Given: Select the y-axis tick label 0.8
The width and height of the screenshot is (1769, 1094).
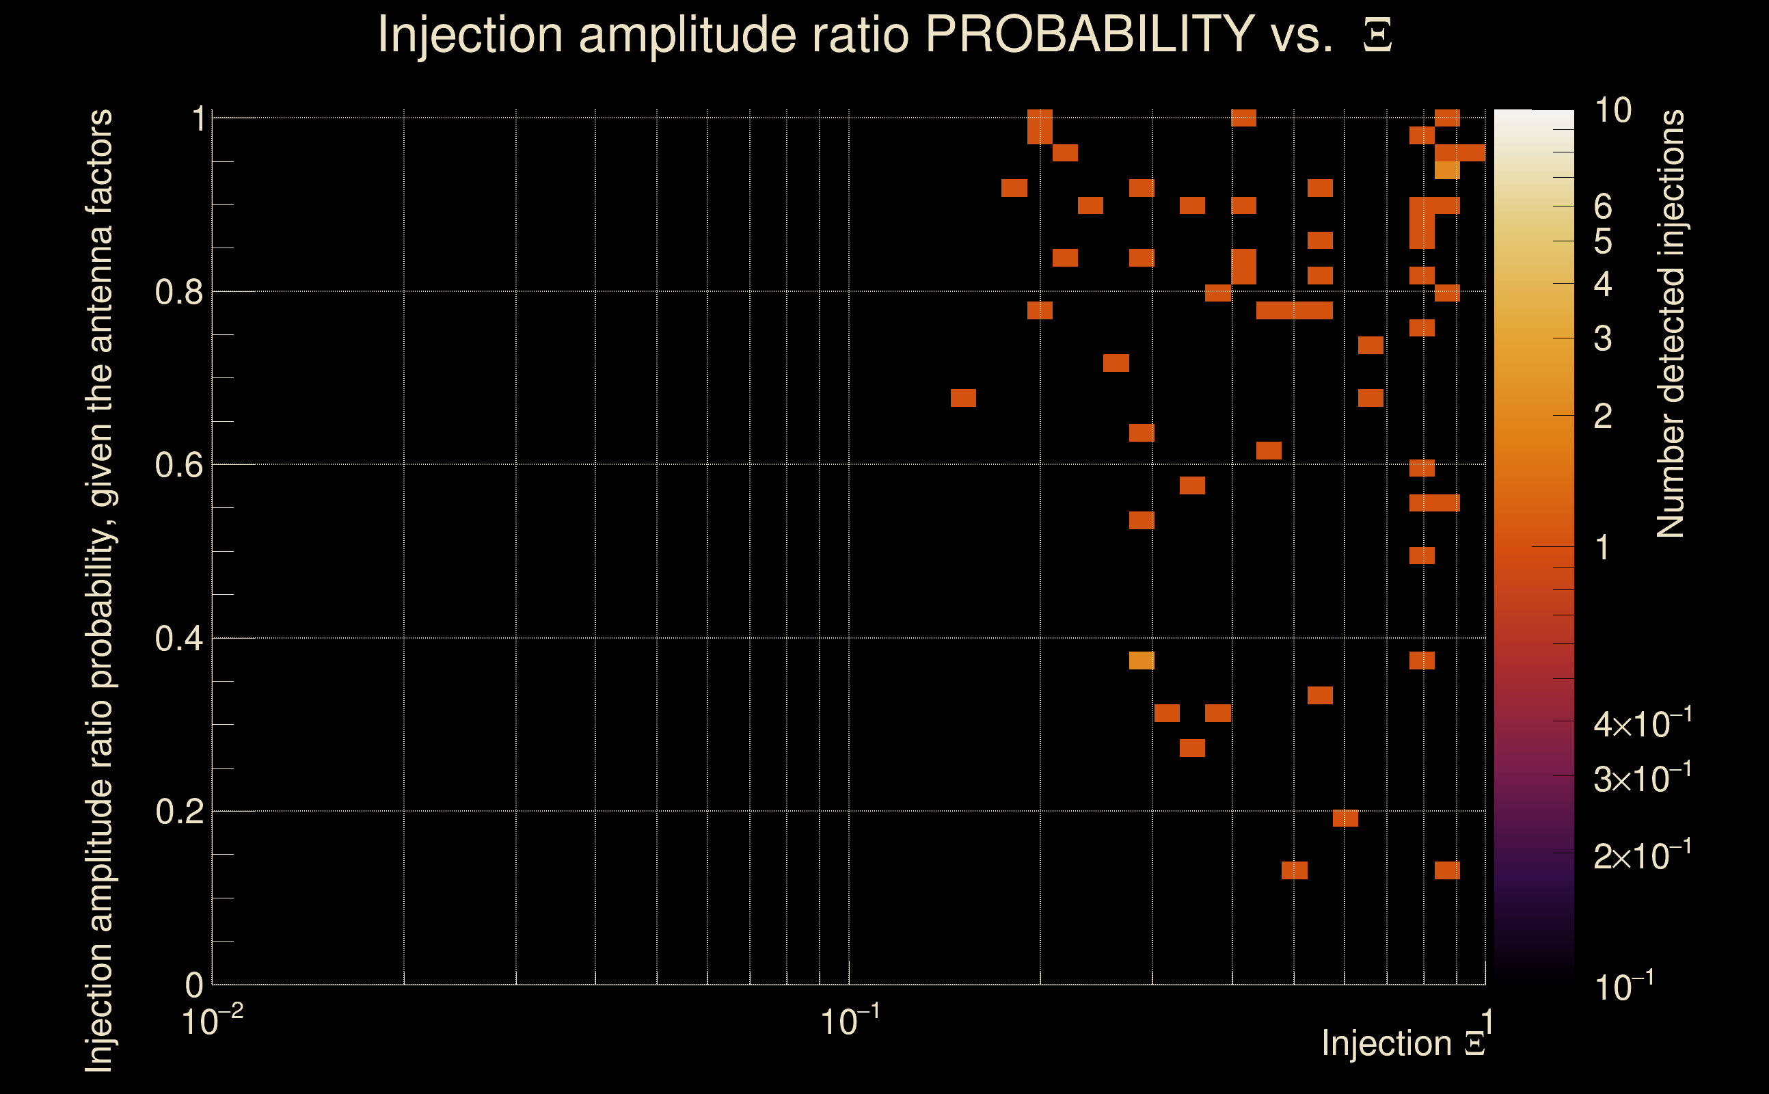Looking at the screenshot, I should (x=178, y=293).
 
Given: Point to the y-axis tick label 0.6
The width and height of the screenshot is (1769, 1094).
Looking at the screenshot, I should (x=178, y=465).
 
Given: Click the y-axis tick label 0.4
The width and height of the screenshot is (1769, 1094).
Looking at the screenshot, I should (x=178, y=639).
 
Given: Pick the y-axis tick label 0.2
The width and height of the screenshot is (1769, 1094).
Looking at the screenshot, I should (x=178, y=812).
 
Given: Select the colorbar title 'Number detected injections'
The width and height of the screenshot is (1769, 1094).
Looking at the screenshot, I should (x=1671, y=324).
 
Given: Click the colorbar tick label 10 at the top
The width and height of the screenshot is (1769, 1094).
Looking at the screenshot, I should (x=1612, y=111).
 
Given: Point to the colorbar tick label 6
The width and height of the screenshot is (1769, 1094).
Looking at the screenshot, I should (x=1603, y=208).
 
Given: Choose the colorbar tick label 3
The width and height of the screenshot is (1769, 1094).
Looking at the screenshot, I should (x=1603, y=338).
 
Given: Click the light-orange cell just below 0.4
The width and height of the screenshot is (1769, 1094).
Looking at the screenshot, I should (x=1142, y=661).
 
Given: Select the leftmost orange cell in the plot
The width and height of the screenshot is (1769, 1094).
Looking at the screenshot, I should (x=963, y=398).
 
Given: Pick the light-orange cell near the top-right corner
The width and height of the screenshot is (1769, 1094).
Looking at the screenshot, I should (x=1447, y=171).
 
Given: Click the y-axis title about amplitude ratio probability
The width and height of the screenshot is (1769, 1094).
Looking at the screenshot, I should (x=99, y=590).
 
